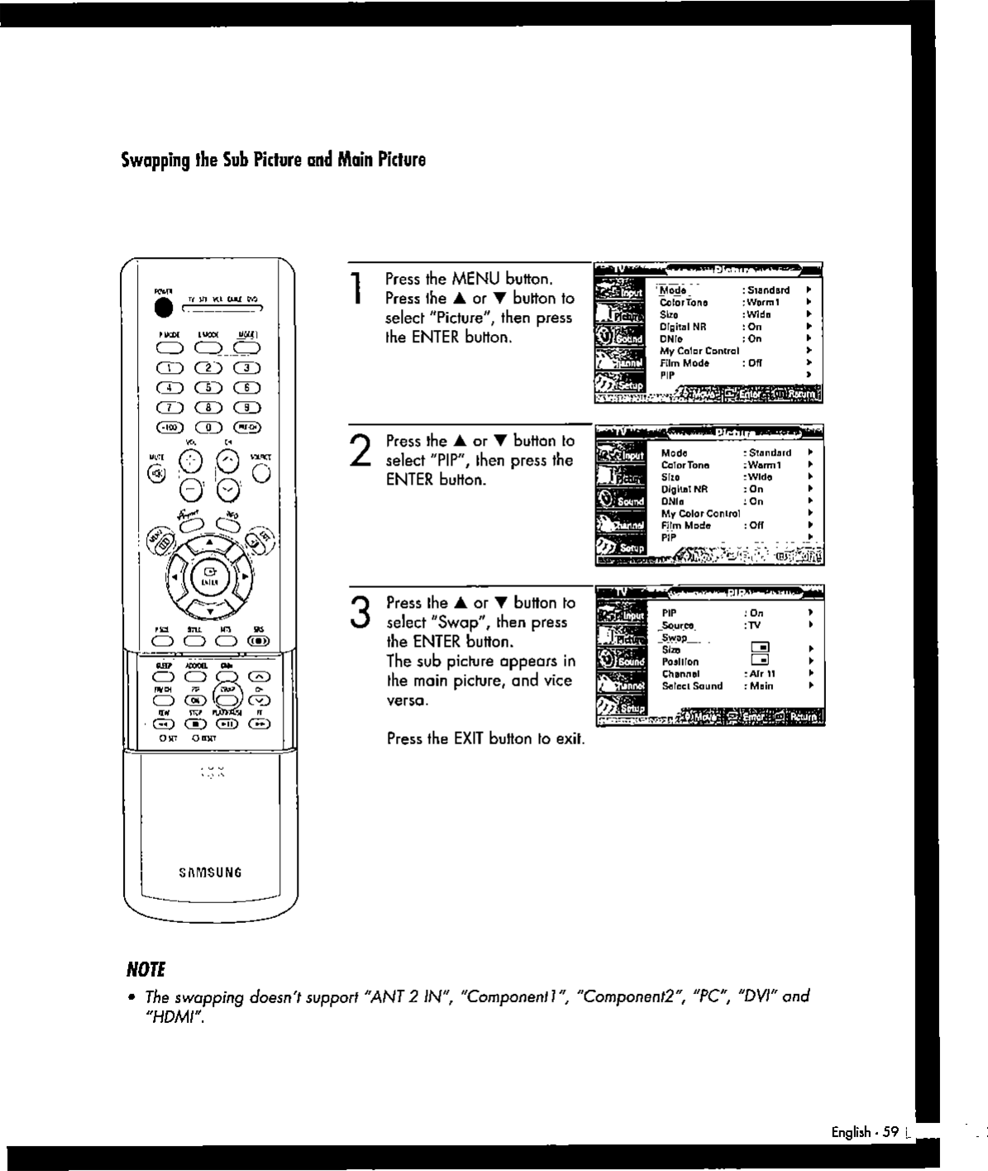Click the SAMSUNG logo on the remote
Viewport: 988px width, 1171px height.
coord(210,872)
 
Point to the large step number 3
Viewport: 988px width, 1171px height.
coord(358,613)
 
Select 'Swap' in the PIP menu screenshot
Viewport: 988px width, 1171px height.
coord(675,638)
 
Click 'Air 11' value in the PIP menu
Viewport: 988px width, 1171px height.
coord(758,674)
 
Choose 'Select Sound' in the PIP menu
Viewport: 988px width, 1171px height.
coord(692,686)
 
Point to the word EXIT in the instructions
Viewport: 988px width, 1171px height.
coord(469,738)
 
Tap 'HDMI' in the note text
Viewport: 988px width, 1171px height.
coord(172,1016)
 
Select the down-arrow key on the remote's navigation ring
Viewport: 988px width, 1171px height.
coord(210,612)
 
